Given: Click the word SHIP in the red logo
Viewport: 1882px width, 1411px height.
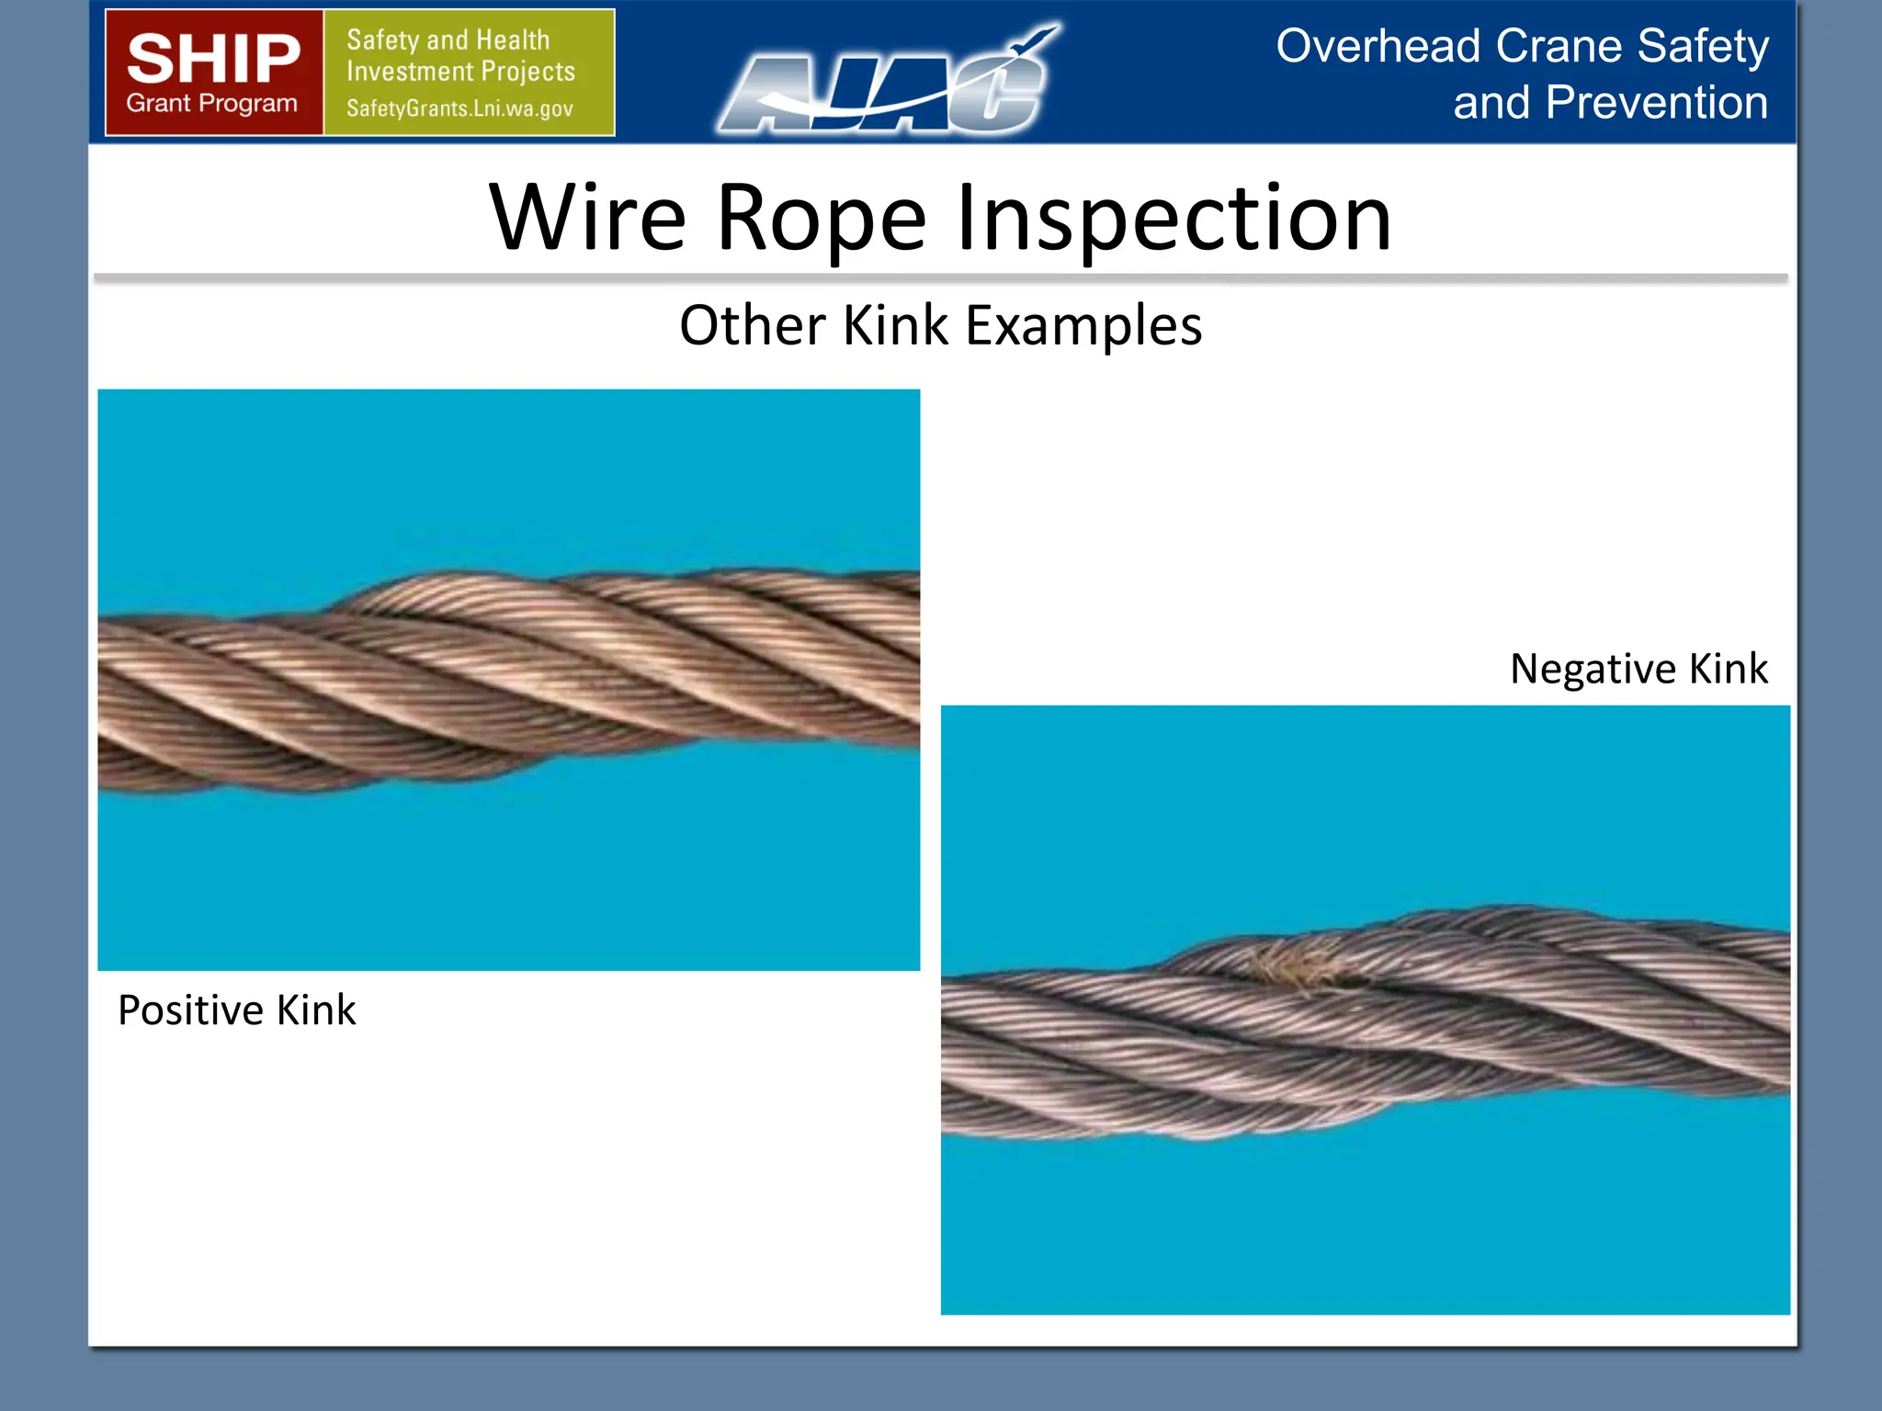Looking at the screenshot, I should (213, 59).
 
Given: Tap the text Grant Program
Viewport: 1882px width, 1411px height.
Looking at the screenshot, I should (212, 103).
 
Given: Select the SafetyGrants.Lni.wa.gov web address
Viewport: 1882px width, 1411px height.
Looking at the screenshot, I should (459, 108).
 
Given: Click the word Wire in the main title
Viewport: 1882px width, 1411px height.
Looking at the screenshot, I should (588, 218).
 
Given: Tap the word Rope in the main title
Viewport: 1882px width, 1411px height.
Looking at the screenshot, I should (821, 218).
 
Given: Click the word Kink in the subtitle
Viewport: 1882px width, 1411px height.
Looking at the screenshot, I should (895, 325).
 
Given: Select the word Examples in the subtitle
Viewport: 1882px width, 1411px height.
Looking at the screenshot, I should (1084, 325).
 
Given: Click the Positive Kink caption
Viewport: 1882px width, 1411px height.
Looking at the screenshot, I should (237, 1010).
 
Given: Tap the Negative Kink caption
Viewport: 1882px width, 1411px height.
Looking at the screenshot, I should (1638, 669).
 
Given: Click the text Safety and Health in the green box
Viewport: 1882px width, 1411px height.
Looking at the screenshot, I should (448, 40).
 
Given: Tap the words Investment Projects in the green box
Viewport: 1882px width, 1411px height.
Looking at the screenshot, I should (460, 72).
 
